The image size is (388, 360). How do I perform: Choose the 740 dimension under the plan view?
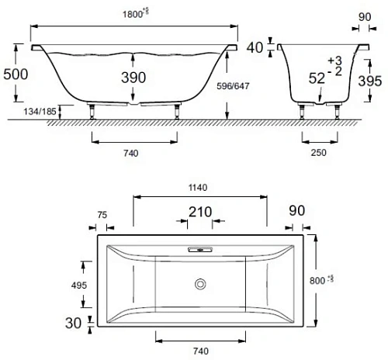pos(201,351)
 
